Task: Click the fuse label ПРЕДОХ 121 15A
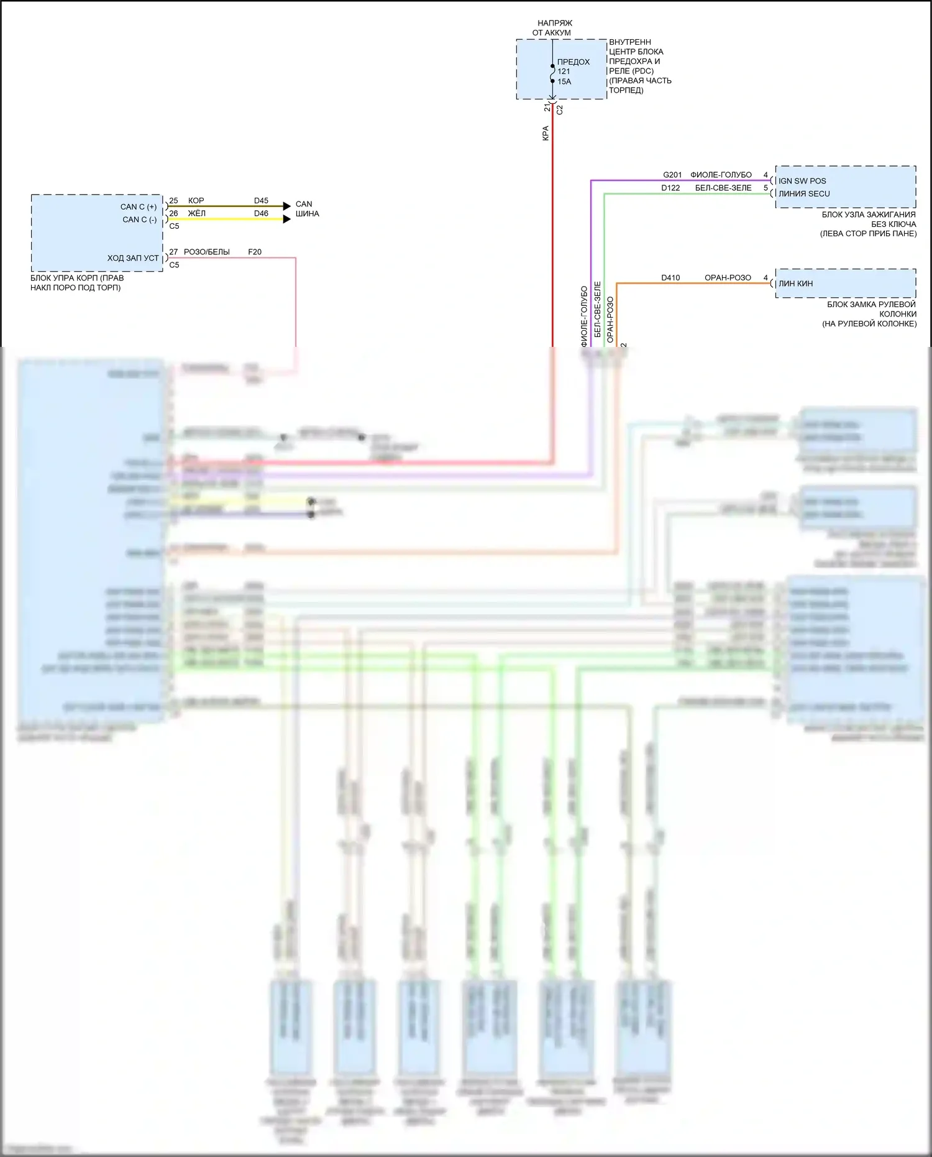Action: pos(572,71)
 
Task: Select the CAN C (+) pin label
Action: pos(139,207)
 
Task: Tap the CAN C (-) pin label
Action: pos(139,219)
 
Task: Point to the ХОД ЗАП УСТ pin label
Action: pos(133,258)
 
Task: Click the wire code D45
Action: pos(261,201)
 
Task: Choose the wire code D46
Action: pos(261,213)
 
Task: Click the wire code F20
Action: pos(255,252)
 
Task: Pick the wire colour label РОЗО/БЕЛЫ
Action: pos(207,252)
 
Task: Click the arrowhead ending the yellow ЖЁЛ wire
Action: pos(286,219)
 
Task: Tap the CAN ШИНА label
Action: pos(307,209)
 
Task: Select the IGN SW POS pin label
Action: pos(802,181)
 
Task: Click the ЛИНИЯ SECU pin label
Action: pos(804,193)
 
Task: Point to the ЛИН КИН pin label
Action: pos(795,283)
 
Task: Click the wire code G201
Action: pos(672,175)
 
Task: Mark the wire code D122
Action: pos(670,188)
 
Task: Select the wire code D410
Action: pos(670,278)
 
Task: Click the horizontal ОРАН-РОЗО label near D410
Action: pos(728,278)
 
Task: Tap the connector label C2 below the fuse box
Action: pos(560,109)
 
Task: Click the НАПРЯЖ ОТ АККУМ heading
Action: pos(552,28)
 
